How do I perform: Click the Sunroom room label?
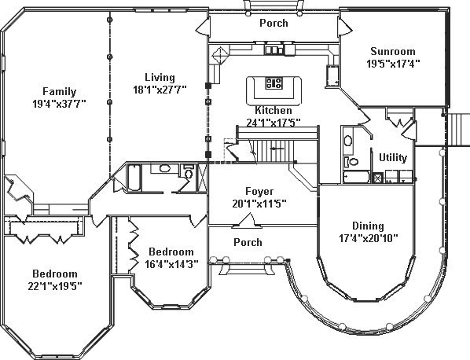pos(393,51)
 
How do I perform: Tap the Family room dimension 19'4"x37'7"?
pos(60,104)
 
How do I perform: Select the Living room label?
pos(160,77)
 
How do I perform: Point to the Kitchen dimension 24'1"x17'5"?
pos(274,123)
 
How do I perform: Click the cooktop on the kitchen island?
pos(274,83)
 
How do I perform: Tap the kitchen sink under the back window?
pos(274,50)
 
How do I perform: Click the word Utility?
pos(393,157)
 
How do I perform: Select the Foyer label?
pos(259,191)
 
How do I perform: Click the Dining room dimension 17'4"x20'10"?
pos(368,238)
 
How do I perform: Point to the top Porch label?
pos(274,23)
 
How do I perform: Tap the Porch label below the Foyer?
pos(248,242)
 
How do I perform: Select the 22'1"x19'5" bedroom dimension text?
pos(55,286)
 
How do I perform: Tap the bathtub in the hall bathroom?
pos(134,177)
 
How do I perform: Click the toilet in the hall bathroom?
pos(189,172)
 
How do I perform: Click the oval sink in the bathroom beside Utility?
pos(348,141)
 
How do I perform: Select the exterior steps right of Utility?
pos(457,130)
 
